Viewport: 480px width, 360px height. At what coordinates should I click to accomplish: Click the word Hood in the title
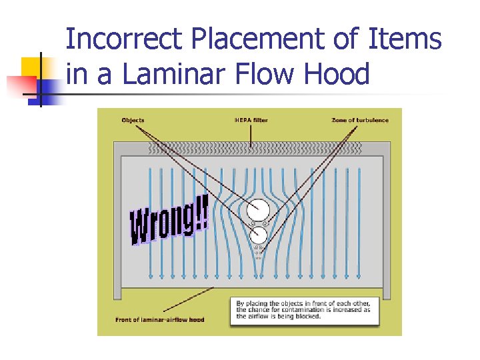click(337, 74)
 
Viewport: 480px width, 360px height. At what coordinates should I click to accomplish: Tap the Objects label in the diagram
click(133, 120)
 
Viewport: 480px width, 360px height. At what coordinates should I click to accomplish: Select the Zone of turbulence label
click(360, 120)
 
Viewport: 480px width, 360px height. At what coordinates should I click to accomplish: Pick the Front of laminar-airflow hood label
click(160, 319)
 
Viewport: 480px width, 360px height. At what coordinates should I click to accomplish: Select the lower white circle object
click(258, 235)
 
